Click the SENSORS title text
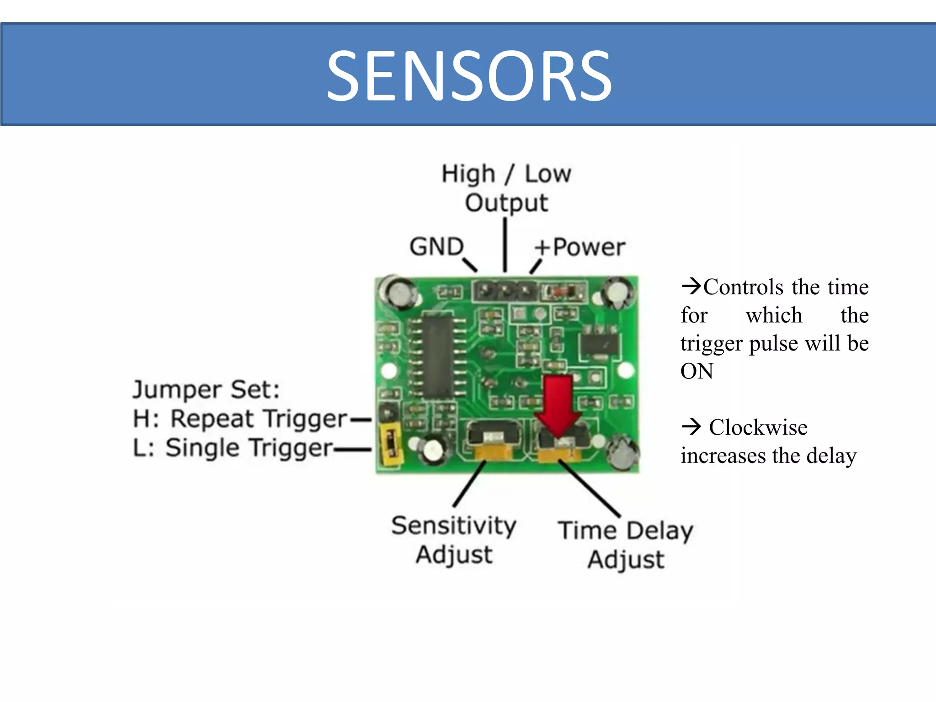(x=469, y=76)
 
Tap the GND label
(x=436, y=247)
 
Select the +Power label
(x=580, y=247)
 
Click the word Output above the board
(x=506, y=203)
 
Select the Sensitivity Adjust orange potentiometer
(x=493, y=453)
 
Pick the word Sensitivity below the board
(x=454, y=526)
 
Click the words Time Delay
(x=625, y=531)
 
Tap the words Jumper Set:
(x=206, y=390)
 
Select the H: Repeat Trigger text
(x=240, y=419)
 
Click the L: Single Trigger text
(x=233, y=448)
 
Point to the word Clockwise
(x=758, y=427)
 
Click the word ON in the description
(x=697, y=371)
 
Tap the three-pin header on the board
(x=505, y=290)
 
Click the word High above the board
(x=468, y=174)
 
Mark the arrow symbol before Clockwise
(x=691, y=426)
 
